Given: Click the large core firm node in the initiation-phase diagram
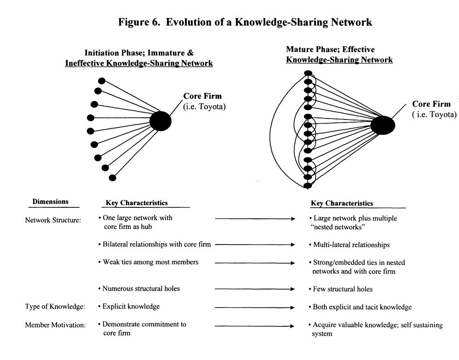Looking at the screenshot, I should (161, 121).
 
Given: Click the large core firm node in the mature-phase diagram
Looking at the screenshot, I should (383, 125).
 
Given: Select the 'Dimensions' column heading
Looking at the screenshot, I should (51, 201).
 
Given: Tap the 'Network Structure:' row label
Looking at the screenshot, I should (53, 220).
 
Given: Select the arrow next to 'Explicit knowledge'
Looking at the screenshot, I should (254, 307).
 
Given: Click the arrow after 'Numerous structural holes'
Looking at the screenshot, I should (254, 289).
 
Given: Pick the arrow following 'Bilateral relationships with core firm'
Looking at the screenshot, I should (254, 245).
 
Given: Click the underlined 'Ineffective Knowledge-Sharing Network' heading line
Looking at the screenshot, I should (148, 63).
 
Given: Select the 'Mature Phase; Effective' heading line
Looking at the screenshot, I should (330, 50).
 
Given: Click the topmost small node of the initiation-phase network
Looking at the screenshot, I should (102, 81).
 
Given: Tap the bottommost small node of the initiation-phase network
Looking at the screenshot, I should (112, 177).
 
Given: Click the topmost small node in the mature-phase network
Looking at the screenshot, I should (309, 74).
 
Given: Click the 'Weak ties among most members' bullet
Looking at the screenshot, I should (149, 262).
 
